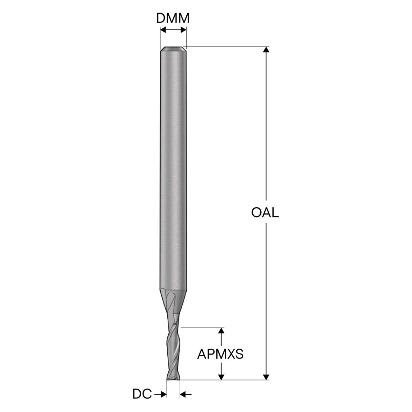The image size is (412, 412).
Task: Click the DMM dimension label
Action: click(173, 18)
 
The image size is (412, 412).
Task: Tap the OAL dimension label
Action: click(265, 213)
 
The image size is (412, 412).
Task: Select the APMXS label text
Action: click(220, 354)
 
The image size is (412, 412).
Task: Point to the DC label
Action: click(142, 394)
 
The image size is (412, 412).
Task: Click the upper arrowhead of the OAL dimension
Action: click(266, 50)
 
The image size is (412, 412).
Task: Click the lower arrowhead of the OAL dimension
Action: click(266, 377)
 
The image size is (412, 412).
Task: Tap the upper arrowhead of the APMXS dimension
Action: click(221, 331)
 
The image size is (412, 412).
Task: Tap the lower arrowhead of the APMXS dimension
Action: click(221, 377)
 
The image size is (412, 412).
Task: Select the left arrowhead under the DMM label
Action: click(163, 30)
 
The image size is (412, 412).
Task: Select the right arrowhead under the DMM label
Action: click(183, 30)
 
